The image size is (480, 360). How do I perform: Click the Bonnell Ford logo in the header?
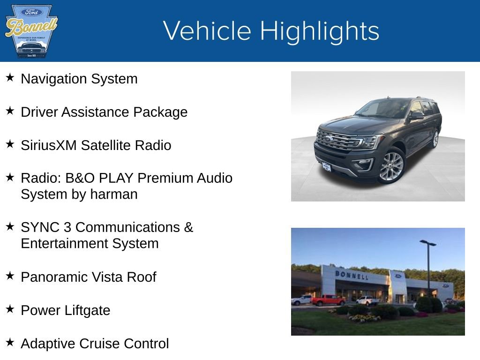(x=31, y=31)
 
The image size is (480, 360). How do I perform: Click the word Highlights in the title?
(x=319, y=31)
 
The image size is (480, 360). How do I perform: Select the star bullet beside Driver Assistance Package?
(x=10, y=111)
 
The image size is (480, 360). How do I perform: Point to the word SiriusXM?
(x=49, y=145)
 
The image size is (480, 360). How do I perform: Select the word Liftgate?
(x=88, y=310)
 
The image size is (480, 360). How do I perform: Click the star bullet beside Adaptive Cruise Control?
(x=10, y=343)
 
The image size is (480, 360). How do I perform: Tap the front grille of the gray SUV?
(x=337, y=140)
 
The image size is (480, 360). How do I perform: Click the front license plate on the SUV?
(x=326, y=166)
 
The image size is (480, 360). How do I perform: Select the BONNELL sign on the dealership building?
(x=352, y=275)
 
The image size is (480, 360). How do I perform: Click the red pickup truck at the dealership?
(x=328, y=300)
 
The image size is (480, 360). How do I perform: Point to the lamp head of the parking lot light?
(x=427, y=243)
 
